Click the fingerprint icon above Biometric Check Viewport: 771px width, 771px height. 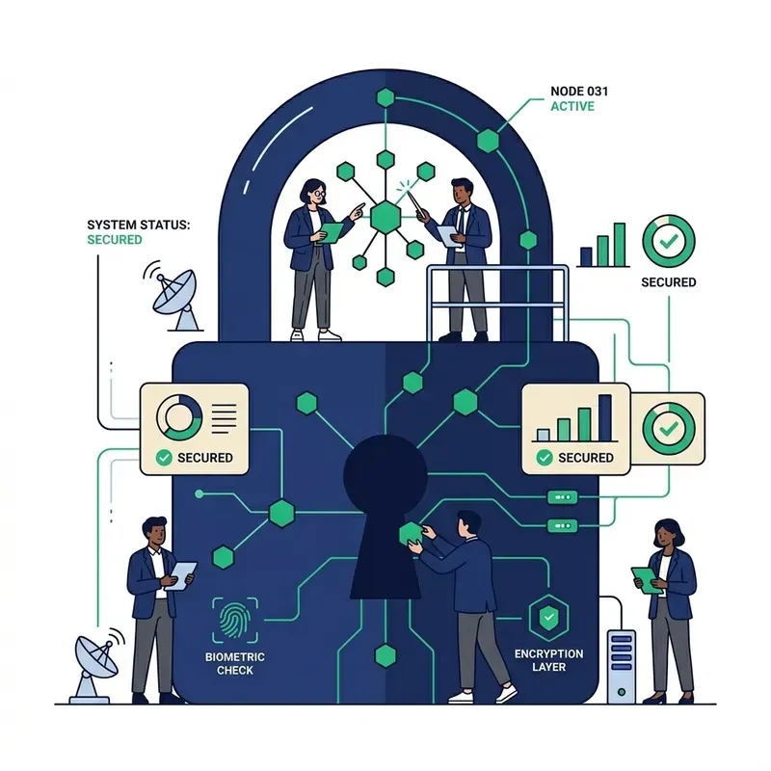[x=235, y=621]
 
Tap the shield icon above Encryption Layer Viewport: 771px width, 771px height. [x=548, y=618]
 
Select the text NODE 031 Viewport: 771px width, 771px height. [x=579, y=92]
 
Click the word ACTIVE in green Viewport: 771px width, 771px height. [x=572, y=106]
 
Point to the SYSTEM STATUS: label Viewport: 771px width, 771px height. [x=138, y=225]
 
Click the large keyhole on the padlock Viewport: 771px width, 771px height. [x=385, y=517]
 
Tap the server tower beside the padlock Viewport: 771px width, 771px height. [x=622, y=667]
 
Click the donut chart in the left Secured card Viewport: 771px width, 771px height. [x=179, y=417]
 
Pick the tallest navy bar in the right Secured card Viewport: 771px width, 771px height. [x=605, y=417]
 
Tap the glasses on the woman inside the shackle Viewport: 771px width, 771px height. [x=319, y=194]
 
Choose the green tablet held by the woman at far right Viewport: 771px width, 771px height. [x=647, y=580]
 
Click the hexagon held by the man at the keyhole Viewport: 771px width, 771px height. [x=412, y=533]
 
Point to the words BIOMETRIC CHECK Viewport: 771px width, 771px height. [x=235, y=663]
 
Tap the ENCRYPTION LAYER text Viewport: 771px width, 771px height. [x=548, y=660]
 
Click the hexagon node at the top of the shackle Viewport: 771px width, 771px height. [x=385, y=97]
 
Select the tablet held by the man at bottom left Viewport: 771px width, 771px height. [x=181, y=575]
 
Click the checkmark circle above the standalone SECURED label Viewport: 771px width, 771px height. [x=669, y=241]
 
